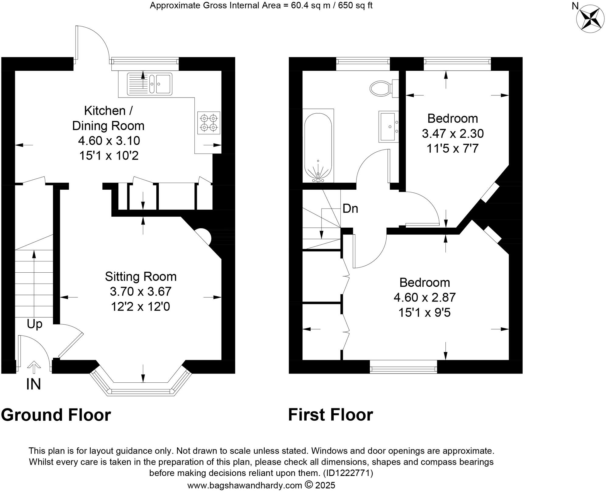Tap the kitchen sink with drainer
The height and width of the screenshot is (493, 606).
150,83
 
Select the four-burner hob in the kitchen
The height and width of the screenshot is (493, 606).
209,122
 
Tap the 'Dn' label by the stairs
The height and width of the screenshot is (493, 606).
350,209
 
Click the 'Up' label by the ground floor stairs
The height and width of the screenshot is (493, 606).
34,324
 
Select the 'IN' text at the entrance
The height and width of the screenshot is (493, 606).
33,384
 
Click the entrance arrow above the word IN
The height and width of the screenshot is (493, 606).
33,367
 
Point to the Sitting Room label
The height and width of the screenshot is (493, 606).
141,277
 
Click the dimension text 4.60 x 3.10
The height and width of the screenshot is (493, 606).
109,141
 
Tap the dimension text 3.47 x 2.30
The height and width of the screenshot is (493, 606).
452,133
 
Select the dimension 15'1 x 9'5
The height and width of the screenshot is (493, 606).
424,312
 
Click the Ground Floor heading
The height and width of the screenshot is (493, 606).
56,415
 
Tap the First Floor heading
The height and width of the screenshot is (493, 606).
330,415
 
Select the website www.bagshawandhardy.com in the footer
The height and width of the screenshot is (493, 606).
244,485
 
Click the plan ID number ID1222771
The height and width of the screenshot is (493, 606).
348,473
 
